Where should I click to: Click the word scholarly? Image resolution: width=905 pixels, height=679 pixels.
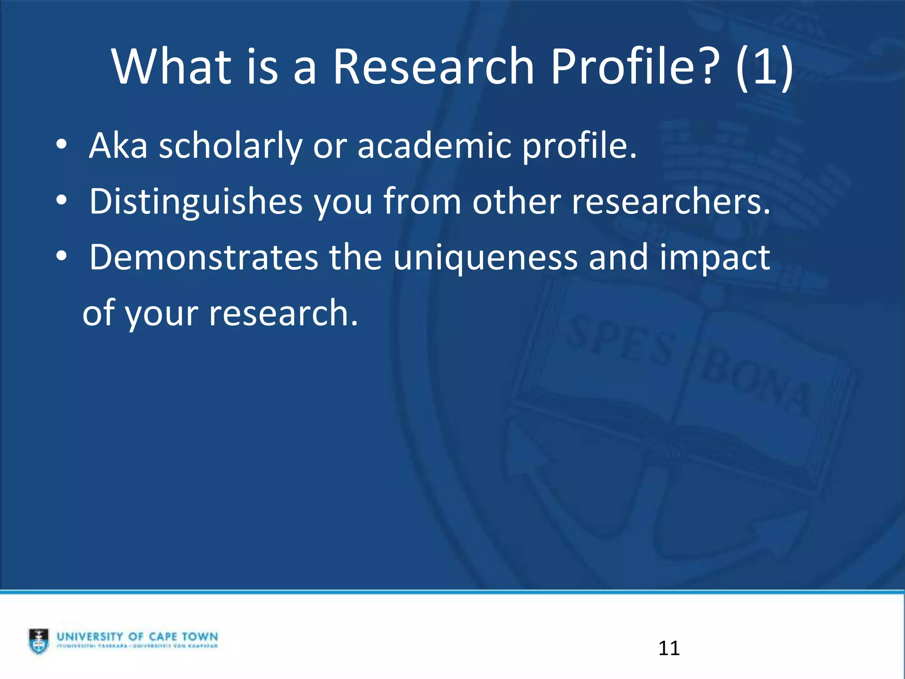tap(230, 146)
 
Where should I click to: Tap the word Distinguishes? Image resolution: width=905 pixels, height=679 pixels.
tap(196, 202)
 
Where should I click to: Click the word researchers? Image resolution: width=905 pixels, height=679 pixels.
tap(671, 202)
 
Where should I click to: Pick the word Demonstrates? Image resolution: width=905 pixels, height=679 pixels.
tap(204, 257)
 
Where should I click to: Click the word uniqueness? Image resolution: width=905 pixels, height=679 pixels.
tap(485, 258)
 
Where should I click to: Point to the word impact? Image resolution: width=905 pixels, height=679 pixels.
tap(715, 258)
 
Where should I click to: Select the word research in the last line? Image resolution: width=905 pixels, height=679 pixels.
tap(283, 313)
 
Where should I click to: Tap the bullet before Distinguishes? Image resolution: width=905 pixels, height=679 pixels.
tap(61, 201)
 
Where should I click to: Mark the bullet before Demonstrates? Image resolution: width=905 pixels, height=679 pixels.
tap(61, 256)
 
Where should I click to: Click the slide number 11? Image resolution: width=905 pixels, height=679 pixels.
tap(669, 648)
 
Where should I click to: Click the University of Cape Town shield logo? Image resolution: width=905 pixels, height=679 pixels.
tap(39, 641)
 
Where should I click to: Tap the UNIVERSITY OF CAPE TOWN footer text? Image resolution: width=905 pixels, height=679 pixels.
tap(137, 637)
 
